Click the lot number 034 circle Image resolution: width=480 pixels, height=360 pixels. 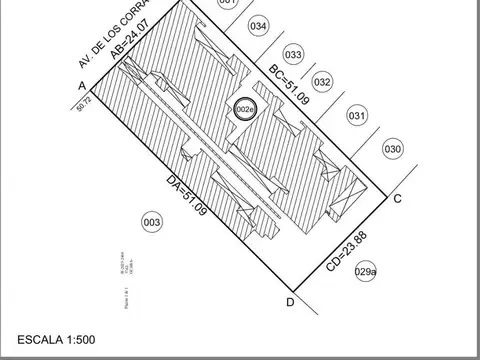[259, 26]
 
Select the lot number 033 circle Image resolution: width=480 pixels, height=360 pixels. [293, 55]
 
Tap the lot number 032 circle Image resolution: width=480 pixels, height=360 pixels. [322, 82]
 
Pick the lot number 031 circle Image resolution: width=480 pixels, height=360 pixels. [357, 116]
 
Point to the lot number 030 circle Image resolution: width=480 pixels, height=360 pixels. [392, 150]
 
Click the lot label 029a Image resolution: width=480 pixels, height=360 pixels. [366, 271]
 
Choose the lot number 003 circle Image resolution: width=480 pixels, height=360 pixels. [152, 222]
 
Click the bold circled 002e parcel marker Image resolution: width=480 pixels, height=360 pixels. [244, 109]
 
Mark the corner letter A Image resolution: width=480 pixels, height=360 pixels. [80, 87]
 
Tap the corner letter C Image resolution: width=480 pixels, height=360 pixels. [397, 198]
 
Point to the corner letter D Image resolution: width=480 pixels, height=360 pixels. [290, 302]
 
